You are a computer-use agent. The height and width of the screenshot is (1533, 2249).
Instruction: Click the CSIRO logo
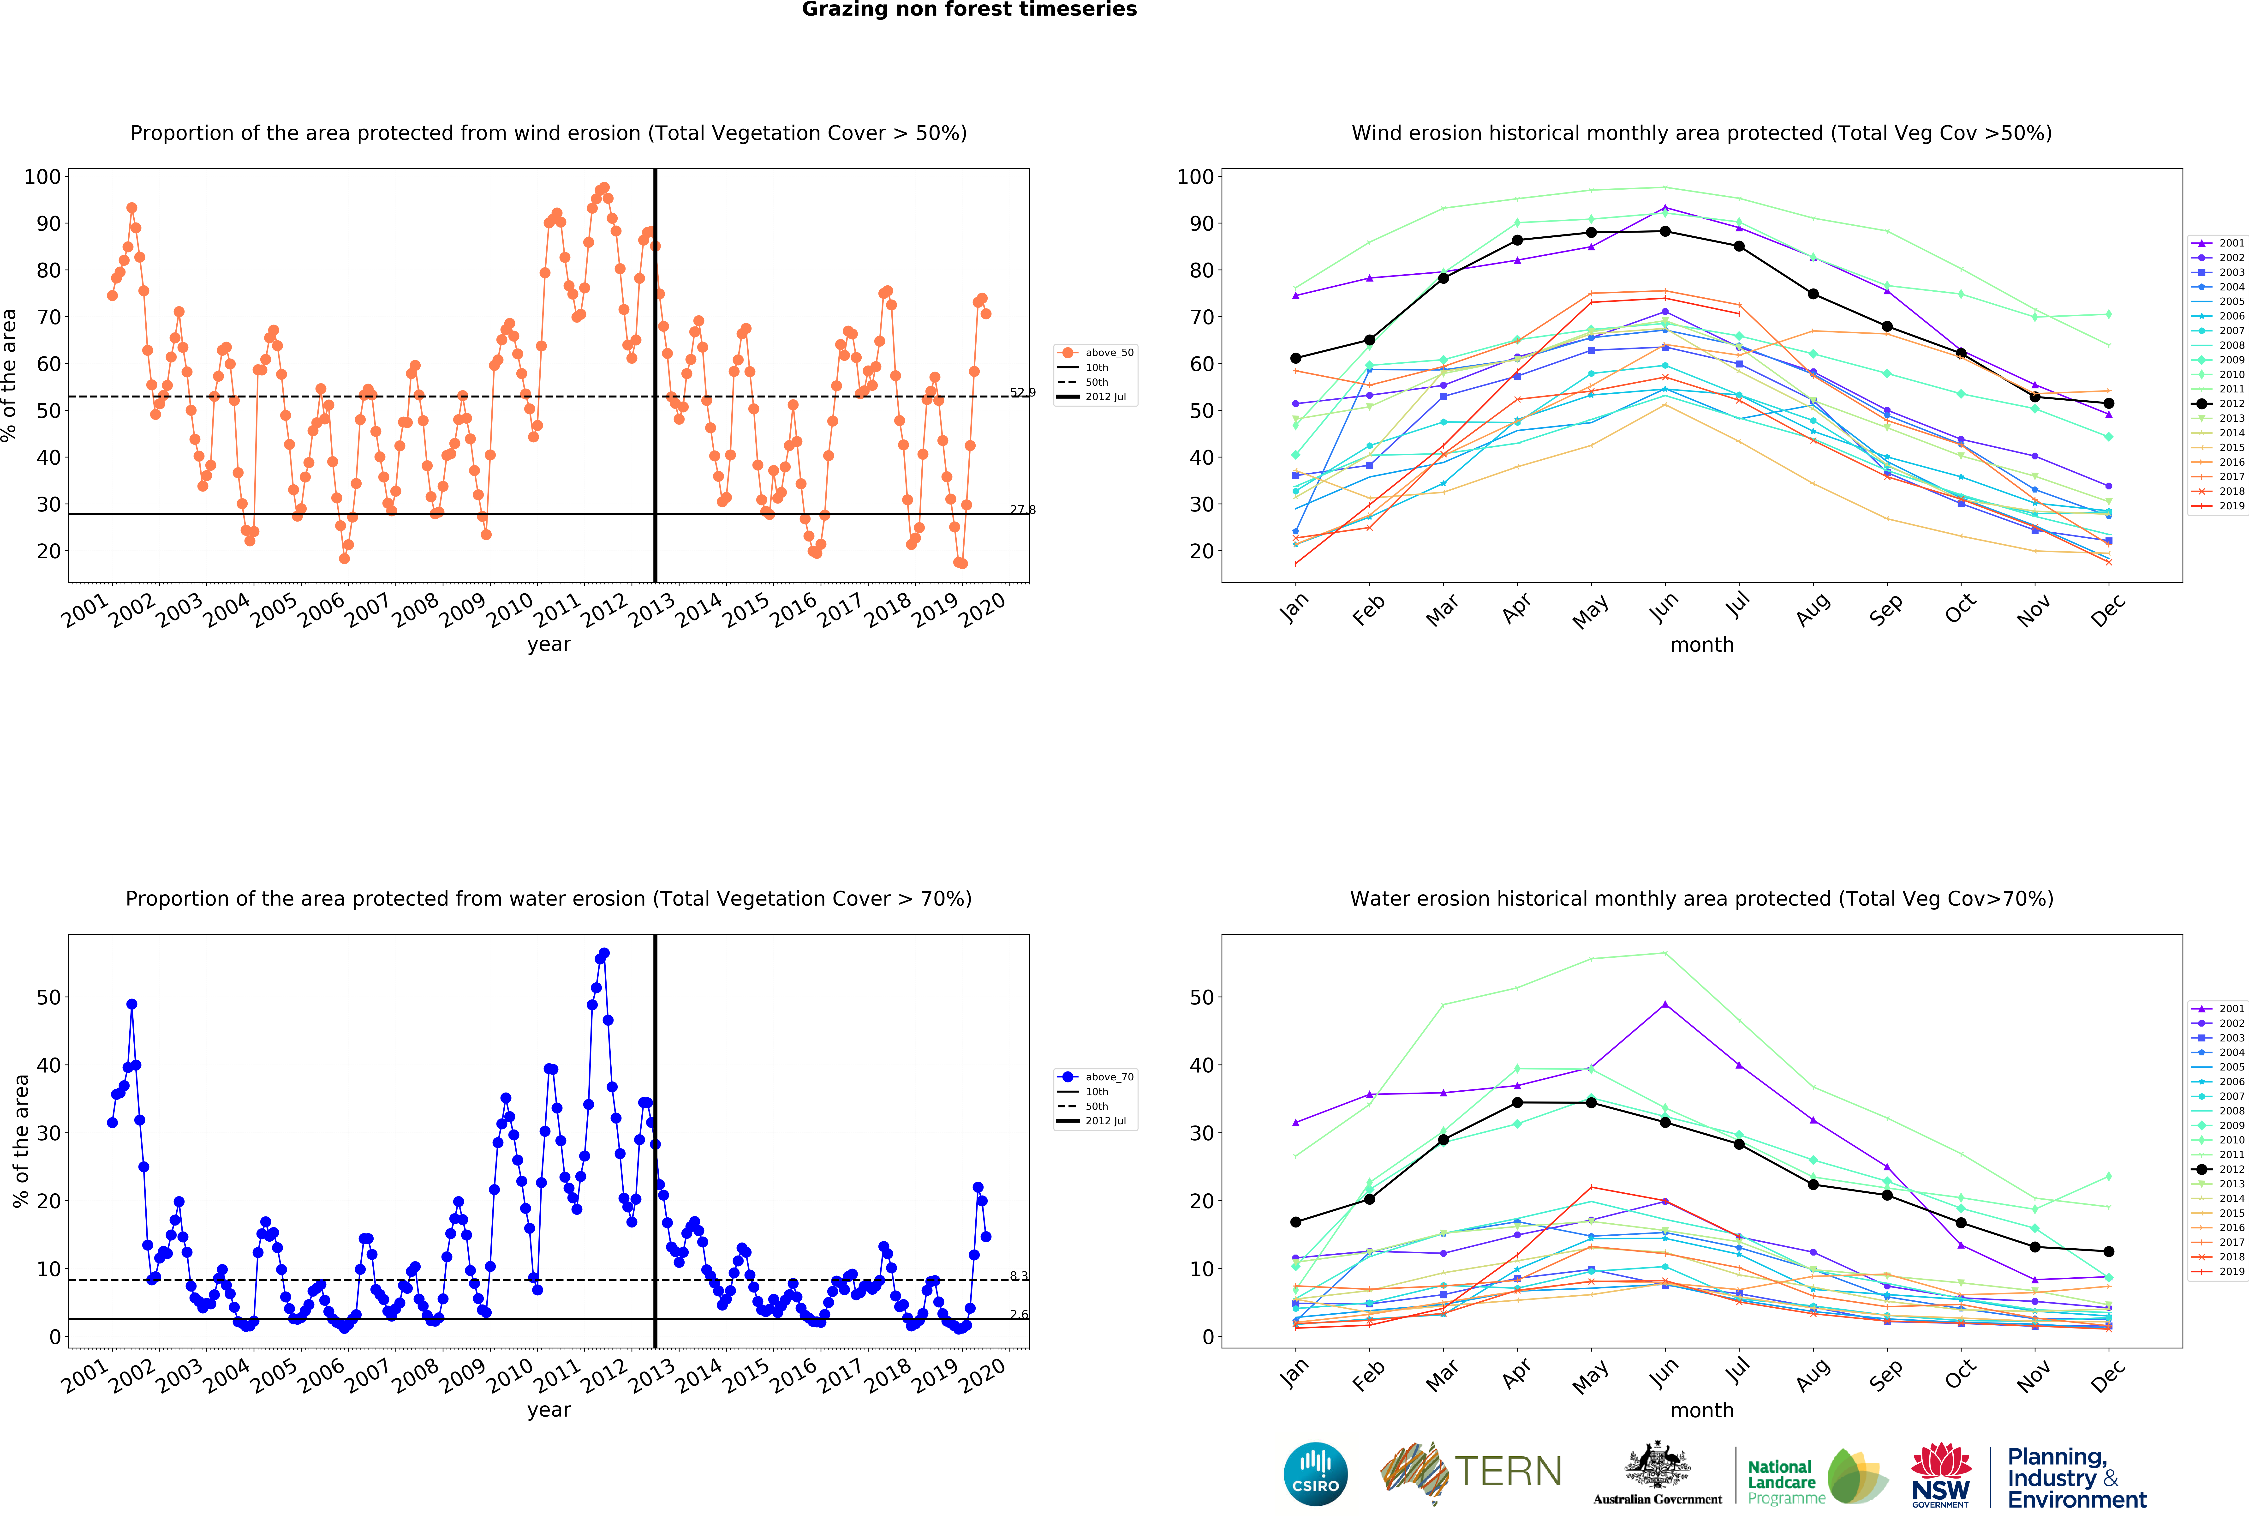click(x=1315, y=1474)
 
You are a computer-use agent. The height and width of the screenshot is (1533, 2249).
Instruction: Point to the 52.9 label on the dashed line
click(x=1022, y=392)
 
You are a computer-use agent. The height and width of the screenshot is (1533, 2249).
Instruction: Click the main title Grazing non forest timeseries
click(x=969, y=10)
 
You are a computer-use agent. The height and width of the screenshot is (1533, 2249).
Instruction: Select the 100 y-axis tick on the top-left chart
click(x=42, y=176)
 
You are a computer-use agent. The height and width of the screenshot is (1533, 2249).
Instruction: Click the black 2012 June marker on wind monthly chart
click(x=1664, y=231)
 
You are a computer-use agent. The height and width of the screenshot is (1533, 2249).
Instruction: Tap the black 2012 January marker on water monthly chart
click(x=1296, y=1222)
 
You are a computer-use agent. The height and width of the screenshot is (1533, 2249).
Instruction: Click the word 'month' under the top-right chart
click(x=1701, y=644)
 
